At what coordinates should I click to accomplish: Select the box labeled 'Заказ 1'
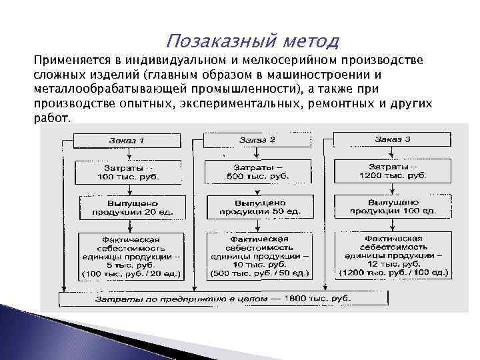click(127, 140)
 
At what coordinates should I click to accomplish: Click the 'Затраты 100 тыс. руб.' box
click(127, 171)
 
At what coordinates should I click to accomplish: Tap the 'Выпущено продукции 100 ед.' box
click(392, 205)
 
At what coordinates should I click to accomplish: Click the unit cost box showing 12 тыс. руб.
click(392, 255)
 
